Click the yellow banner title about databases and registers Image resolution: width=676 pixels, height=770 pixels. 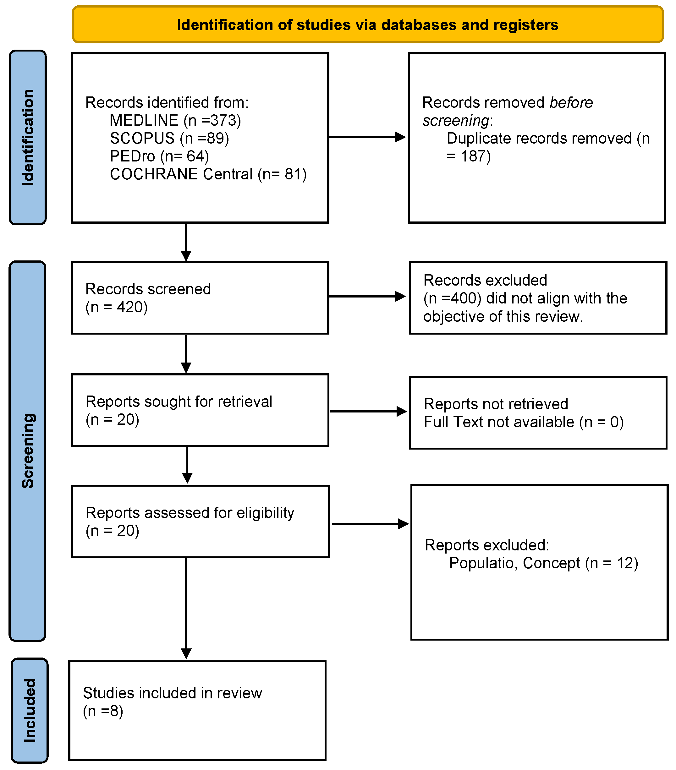coord(367,25)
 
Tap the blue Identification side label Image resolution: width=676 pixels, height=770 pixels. coord(28,138)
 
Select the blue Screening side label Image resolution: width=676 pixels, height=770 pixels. coord(28,451)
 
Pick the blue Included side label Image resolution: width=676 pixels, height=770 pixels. coord(30,710)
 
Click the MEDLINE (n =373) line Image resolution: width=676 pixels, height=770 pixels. coord(175,121)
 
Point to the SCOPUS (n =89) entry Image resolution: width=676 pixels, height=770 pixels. coord(170,138)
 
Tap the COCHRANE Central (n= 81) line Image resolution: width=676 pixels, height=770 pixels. coord(208,174)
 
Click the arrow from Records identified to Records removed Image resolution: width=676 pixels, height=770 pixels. coord(367,137)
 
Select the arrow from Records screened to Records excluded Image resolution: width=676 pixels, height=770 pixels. coord(367,297)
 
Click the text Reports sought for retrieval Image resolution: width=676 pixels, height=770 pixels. coord(179,401)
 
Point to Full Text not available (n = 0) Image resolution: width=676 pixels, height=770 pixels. coord(524,422)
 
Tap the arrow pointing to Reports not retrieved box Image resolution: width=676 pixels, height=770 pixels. coord(369,411)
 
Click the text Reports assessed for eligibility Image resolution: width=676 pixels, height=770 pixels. coord(190,513)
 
